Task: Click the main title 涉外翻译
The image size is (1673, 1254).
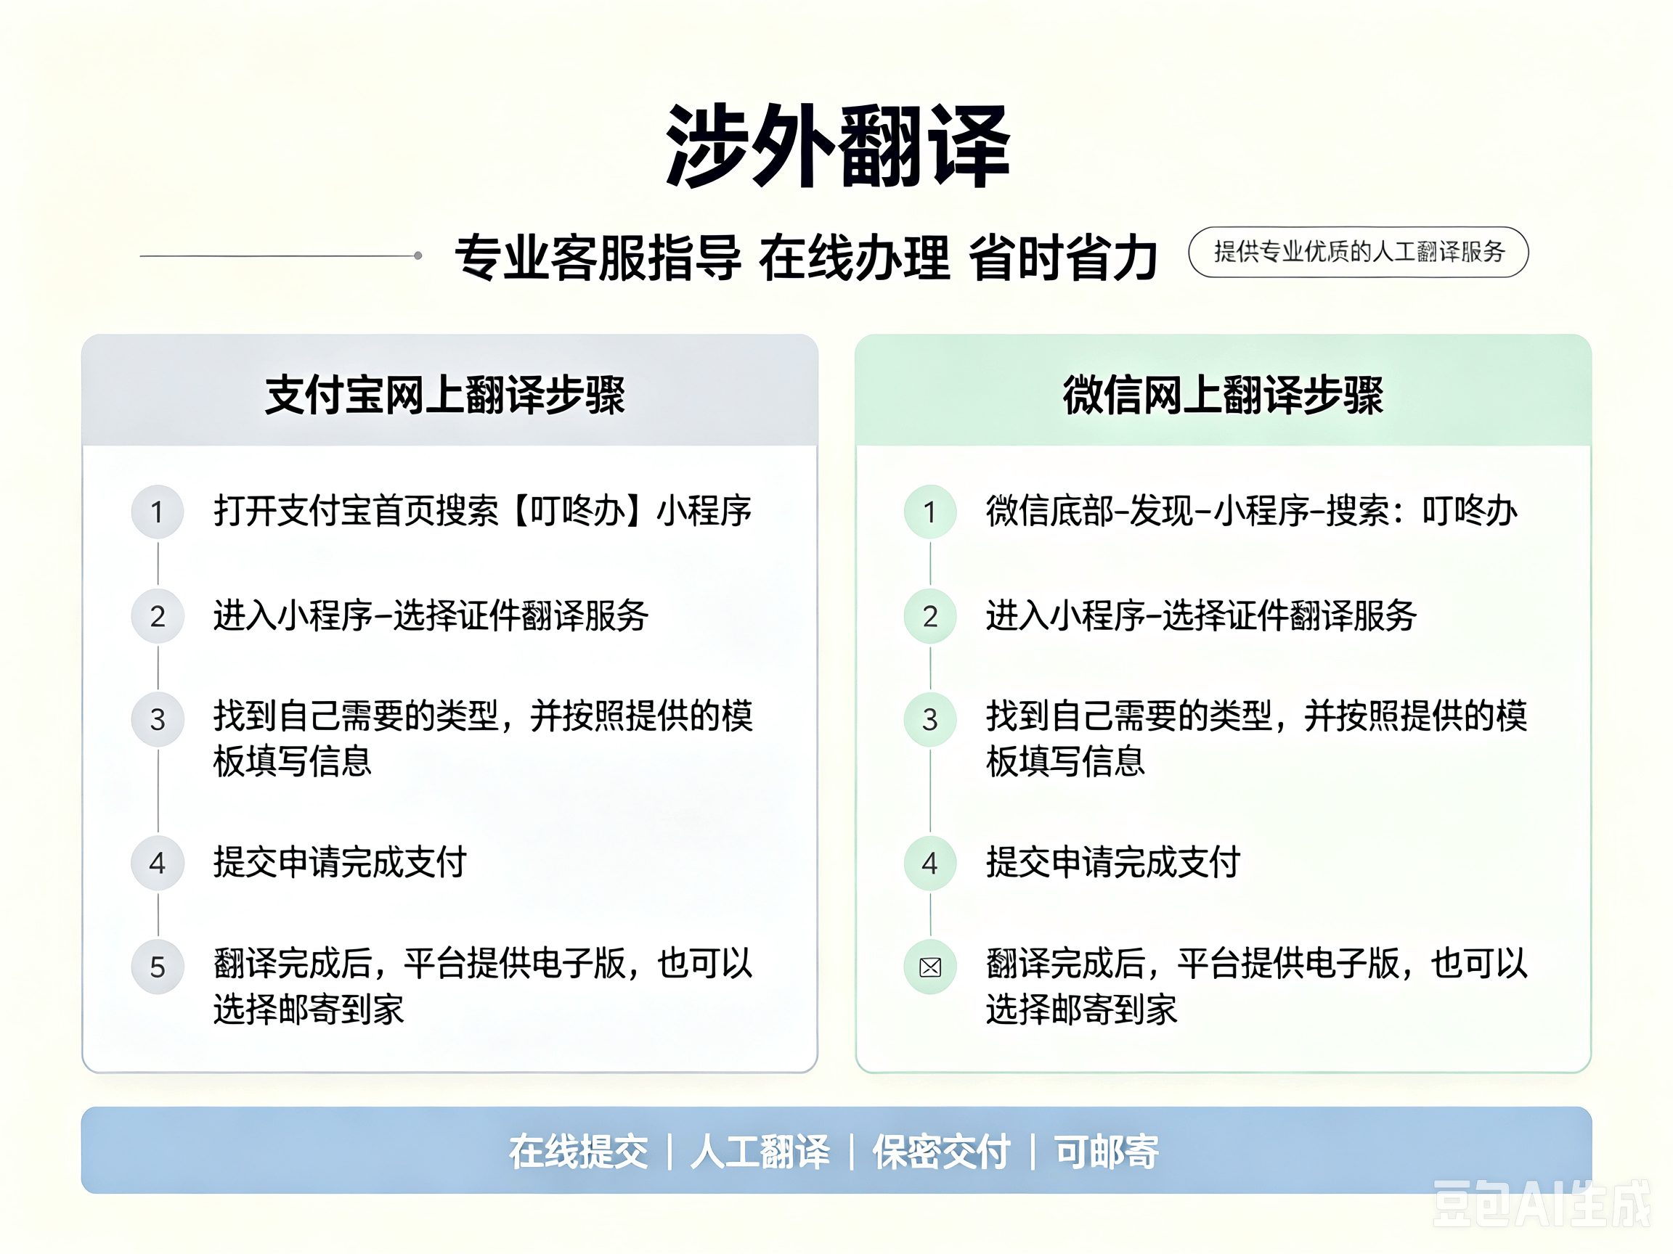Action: point(837,146)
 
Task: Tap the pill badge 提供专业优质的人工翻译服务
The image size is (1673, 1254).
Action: point(1359,252)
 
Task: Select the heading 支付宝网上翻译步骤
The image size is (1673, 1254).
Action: point(445,395)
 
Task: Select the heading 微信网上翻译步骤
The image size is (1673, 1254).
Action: point(1223,395)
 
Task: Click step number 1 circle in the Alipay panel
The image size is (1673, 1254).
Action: point(158,512)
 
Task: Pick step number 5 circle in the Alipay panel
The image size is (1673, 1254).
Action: point(158,967)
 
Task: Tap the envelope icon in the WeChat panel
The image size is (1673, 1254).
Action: point(930,967)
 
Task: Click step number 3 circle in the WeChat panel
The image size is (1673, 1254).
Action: point(930,719)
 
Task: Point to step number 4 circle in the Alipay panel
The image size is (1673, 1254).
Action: point(158,862)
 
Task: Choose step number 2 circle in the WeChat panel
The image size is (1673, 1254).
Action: point(930,616)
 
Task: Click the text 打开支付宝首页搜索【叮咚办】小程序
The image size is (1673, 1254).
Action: point(483,511)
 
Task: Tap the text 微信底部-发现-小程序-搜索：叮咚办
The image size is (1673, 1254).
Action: point(1252,511)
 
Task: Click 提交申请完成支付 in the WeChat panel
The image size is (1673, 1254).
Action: point(1112,862)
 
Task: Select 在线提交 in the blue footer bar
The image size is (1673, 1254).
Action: point(579,1152)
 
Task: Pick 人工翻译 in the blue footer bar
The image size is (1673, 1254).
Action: point(760,1152)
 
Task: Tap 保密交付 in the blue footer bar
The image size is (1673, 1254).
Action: point(942,1152)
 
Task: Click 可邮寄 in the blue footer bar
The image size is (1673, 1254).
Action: point(1107,1152)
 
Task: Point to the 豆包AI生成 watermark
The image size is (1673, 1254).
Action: point(1542,1203)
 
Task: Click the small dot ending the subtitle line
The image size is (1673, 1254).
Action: point(418,255)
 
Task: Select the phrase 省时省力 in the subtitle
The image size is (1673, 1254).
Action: point(1062,258)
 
